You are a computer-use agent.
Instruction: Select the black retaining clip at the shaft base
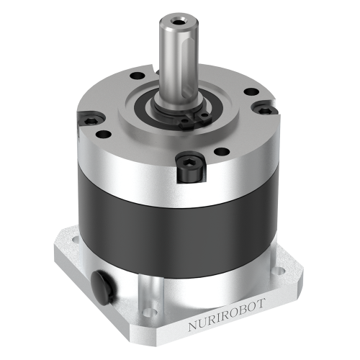pos(192,117)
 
